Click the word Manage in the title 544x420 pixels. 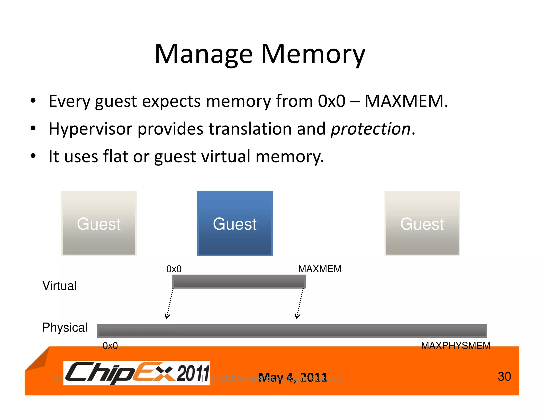pos(203,54)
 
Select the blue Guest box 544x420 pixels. pos(235,223)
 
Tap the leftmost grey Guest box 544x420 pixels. pos(99,223)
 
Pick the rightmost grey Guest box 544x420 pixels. pos(422,223)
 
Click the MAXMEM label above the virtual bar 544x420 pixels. pos(320,269)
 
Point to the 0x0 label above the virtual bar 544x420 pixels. pos(174,269)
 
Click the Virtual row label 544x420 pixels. pos(59,286)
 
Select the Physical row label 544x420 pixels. pos(65,327)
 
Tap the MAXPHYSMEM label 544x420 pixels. pos(456,346)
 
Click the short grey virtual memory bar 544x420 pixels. pos(239,281)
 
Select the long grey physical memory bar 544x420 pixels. pos(292,331)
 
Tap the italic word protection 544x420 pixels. pos(371,129)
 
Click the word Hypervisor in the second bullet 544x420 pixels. pos(90,129)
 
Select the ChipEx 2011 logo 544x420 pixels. pos(137,373)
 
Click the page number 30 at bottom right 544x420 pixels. pos(504,376)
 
